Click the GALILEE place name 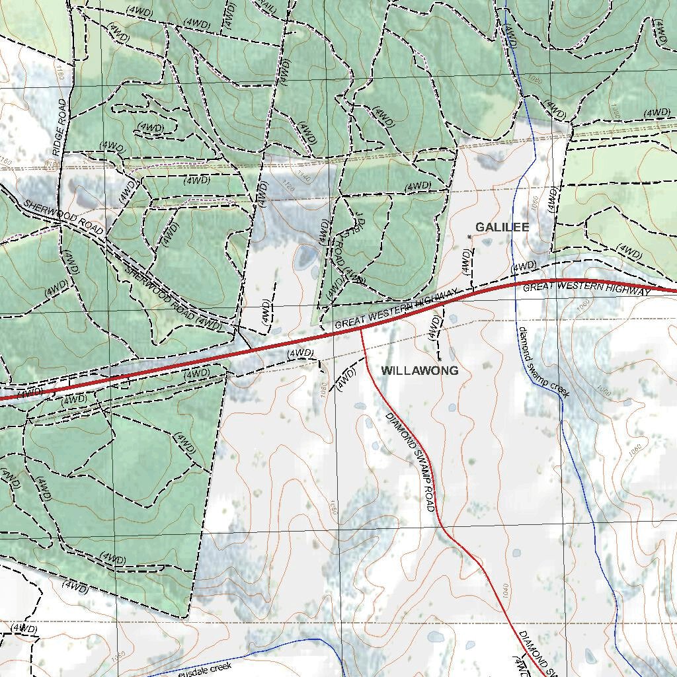[502, 227]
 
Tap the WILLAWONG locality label [419, 371]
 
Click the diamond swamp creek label [543, 362]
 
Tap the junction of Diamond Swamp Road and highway [361, 330]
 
